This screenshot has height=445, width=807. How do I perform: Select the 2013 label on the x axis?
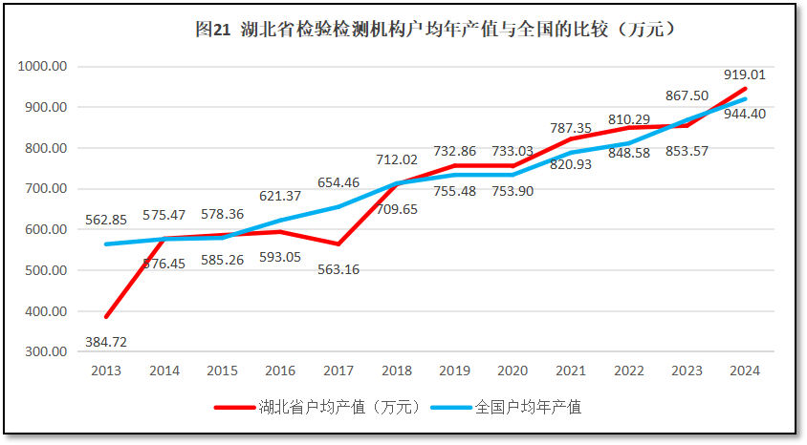[x=106, y=371]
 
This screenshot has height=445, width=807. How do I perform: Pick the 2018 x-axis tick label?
[x=396, y=371]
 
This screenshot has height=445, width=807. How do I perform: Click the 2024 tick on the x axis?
[x=744, y=371]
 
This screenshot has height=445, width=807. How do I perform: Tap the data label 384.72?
[x=106, y=341]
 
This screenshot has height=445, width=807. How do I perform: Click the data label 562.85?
[x=106, y=220]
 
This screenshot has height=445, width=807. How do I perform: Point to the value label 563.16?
[x=339, y=269]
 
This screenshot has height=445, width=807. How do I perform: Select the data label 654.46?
[x=339, y=182]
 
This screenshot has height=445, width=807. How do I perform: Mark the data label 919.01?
[x=744, y=74]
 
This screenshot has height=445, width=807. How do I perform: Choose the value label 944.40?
[x=744, y=114]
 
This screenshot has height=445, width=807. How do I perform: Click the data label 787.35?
[x=571, y=128]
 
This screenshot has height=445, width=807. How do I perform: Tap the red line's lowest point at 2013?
[x=107, y=316]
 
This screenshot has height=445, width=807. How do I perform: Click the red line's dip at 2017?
[x=338, y=244]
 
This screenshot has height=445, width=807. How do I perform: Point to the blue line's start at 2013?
[x=107, y=244]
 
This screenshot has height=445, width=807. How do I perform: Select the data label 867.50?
[x=687, y=95]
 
